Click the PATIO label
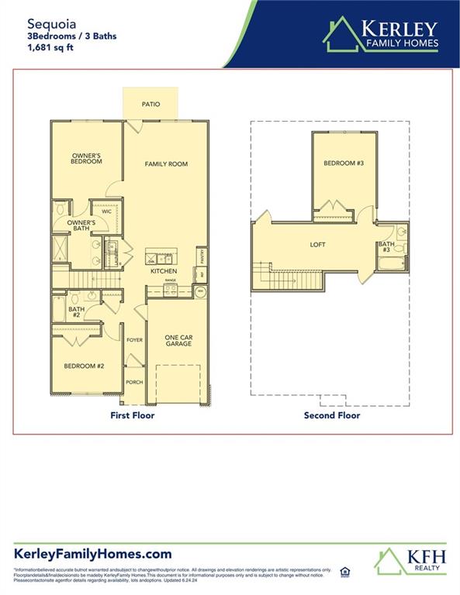[x=150, y=104]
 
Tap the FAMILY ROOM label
[x=166, y=164]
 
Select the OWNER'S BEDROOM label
[x=86, y=158]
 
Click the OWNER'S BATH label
[x=81, y=225]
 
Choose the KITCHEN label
[x=164, y=271]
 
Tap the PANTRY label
[x=202, y=255]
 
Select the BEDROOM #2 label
[x=84, y=366]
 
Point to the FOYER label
[x=135, y=339]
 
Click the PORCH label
[x=135, y=381]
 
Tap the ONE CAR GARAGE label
[x=178, y=341]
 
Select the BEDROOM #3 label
[x=343, y=163]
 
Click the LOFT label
[x=317, y=245]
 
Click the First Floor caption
[x=132, y=415]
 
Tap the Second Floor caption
[x=331, y=415]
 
